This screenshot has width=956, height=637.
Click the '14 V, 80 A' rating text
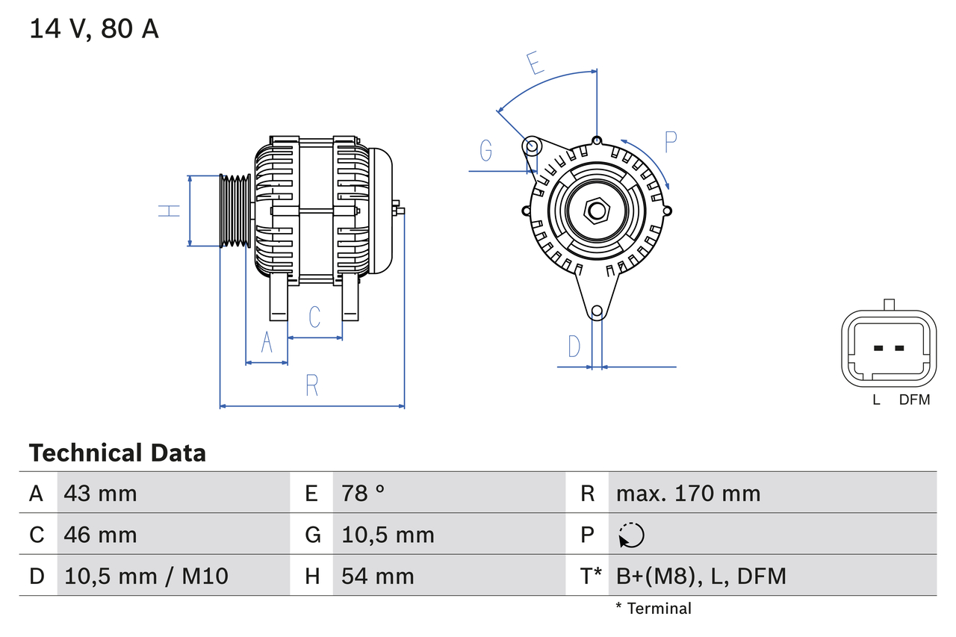tap(94, 29)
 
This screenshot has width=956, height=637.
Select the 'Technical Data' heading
tap(117, 453)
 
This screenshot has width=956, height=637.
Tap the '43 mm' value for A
tap(100, 493)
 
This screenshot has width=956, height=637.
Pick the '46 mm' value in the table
tap(100, 535)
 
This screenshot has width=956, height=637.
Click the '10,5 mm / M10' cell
tap(146, 576)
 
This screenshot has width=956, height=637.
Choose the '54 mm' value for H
tap(377, 576)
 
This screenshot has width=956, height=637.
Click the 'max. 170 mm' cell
tap(688, 493)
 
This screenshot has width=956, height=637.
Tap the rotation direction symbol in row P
tap(631, 535)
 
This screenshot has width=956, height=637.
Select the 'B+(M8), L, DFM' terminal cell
tap(701, 576)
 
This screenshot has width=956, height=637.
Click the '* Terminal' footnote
tap(654, 609)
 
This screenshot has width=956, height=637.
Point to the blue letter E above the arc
tap(535, 63)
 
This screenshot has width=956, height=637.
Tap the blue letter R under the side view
tap(312, 385)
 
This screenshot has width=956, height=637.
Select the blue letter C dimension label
tap(314, 317)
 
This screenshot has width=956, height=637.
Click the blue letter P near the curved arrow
tap(670, 141)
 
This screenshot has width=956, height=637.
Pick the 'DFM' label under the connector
tap(914, 400)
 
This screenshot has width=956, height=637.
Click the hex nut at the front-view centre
tap(595, 210)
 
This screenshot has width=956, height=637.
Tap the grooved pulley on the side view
tap(235, 211)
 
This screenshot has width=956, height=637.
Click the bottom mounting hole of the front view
tap(596, 311)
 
